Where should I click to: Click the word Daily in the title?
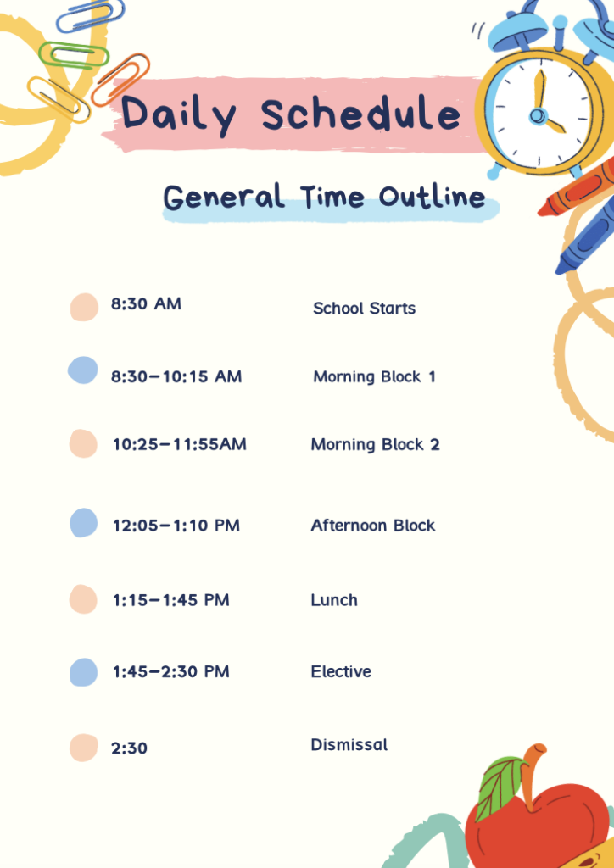[x=179, y=114]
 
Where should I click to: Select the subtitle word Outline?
[x=432, y=197]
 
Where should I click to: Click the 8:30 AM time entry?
[x=146, y=304]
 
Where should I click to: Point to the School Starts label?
[x=365, y=309]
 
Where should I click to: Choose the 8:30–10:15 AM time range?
[x=176, y=377]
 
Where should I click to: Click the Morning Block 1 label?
[x=374, y=377]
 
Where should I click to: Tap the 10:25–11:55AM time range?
[x=180, y=444]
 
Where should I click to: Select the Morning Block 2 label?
[x=376, y=444]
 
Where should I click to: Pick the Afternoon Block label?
[x=373, y=526]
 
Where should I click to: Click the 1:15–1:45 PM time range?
[x=171, y=600]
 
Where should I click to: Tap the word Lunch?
[x=334, y=600]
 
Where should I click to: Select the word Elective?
[x=341, y=671]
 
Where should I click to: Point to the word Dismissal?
[x=349, y=744]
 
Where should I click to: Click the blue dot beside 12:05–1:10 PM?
[x=84, y=523]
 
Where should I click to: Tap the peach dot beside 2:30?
[x=84, y=748]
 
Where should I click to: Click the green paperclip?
[x=74, y=55]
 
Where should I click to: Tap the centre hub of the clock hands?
[x=537, y=115]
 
